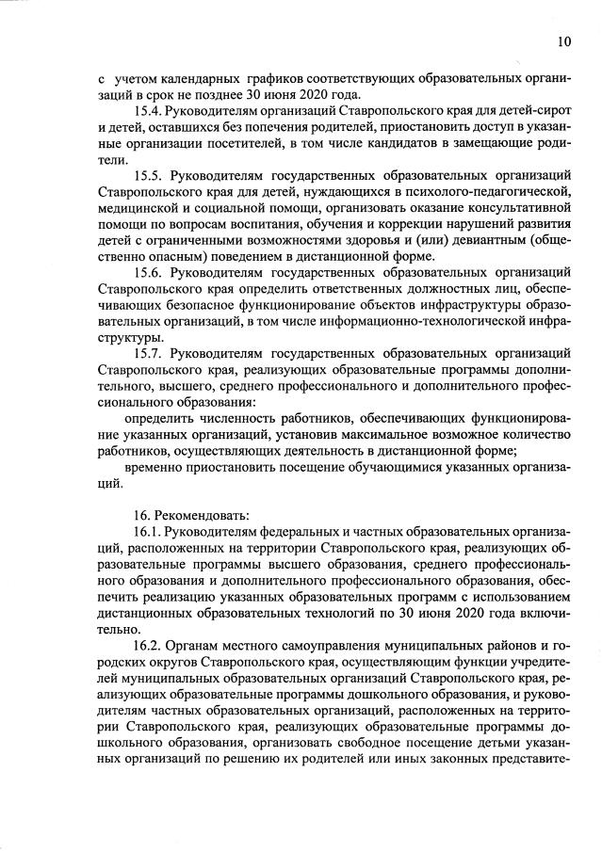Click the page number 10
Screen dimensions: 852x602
pos(564,40)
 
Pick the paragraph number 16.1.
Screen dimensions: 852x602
pos(150,533)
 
